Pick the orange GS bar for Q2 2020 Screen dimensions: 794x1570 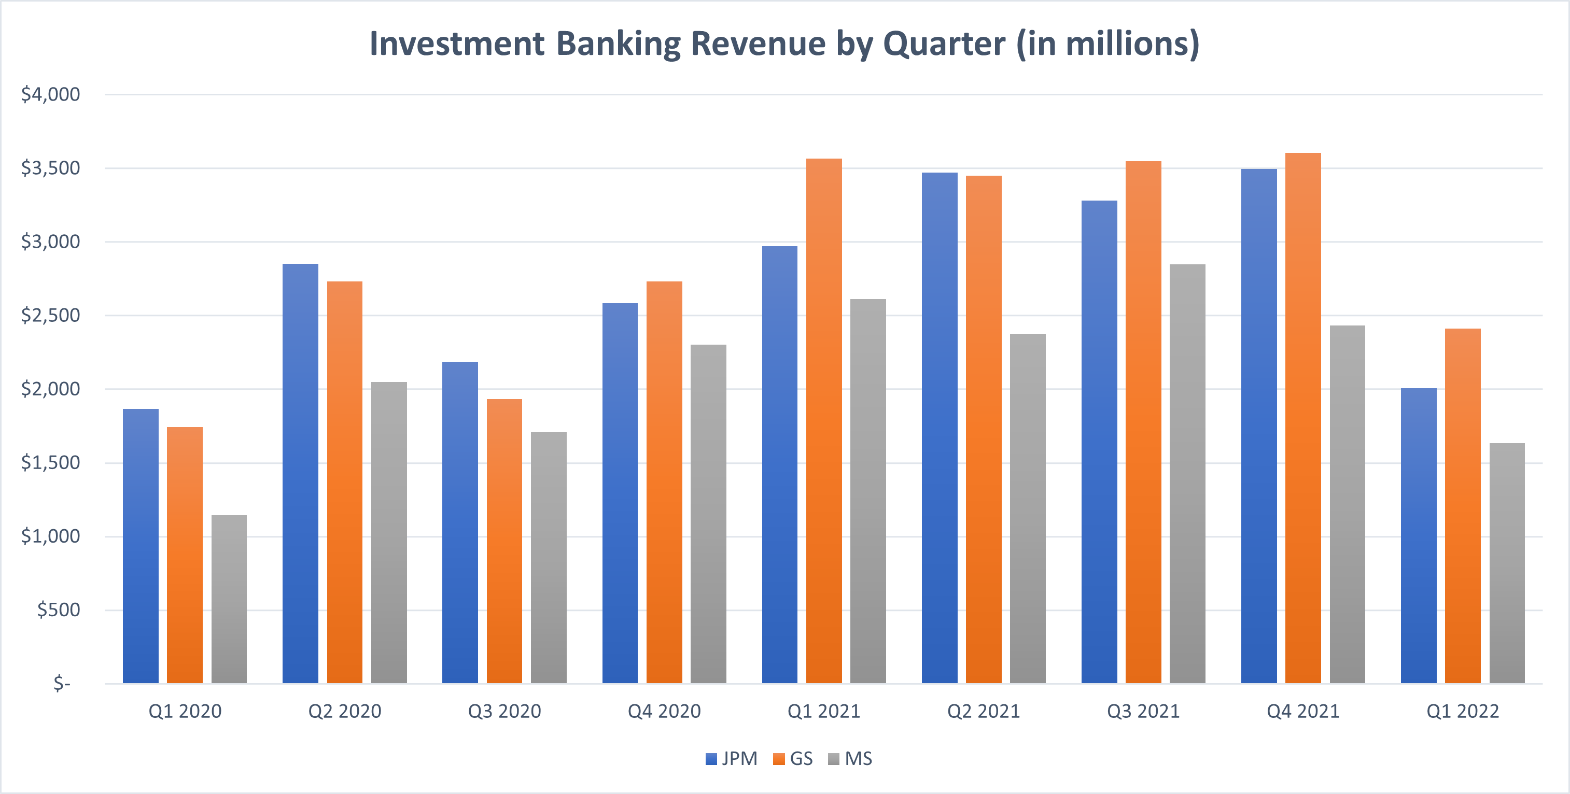[344, 482]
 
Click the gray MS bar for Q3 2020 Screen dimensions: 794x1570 [549, 558]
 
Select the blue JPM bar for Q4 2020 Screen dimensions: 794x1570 [620, 493]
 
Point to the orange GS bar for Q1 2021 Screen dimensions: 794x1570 [824, 421]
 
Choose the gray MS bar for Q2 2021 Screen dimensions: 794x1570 [1028, 508]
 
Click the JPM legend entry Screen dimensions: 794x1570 [732, 759]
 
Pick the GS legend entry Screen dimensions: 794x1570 [793, 759]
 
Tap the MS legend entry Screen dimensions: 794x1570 [851, 759]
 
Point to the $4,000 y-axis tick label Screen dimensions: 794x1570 [51, 94]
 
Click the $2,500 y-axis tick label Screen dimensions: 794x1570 [51, 316]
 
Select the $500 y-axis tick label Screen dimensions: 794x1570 [59, 610]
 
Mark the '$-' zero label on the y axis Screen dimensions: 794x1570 [62, 683]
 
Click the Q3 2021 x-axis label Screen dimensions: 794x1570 [1143, 711]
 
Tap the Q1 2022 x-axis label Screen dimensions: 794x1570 [1463, 711]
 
